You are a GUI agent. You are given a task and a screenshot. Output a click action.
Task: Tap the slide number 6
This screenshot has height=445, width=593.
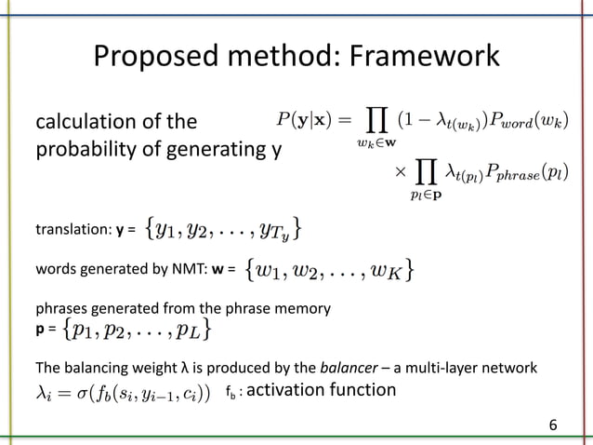pyautogui.click(x=554, y=425)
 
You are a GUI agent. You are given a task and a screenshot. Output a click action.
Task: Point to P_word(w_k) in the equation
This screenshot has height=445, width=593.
pyautogui.click(x=531, y=121)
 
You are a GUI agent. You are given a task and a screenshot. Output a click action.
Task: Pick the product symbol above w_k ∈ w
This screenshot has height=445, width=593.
pyautogui.click(x=376, y=119)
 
